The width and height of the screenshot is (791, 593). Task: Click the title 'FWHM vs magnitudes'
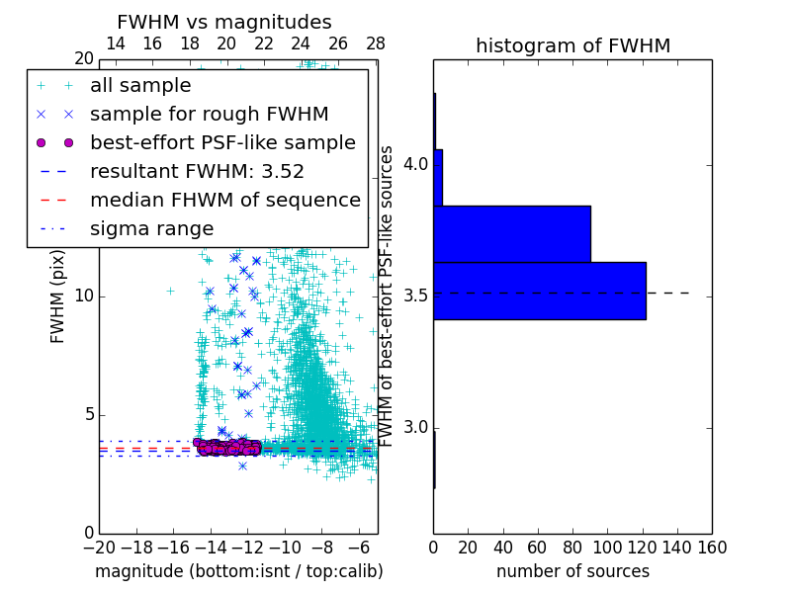coord(224,23)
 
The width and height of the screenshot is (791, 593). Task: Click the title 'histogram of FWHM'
coord(572,46)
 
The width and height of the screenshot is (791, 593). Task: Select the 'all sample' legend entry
coord(140,86)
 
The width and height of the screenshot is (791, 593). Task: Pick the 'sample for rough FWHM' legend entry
coord(209,114)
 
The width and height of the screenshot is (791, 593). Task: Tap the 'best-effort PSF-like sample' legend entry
coord(222,142)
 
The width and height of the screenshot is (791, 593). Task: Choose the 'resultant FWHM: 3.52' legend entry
coord(197,171)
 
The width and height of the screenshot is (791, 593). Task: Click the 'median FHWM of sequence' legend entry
coord(224,200)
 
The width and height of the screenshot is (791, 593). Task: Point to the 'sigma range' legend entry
coord(151,228)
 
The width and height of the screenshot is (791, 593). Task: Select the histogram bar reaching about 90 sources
coord(511,234)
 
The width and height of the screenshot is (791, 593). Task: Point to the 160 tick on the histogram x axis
coord(711,547)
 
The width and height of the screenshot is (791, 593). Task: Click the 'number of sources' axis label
coord(572,571)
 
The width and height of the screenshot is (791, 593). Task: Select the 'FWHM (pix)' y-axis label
coord(58,296)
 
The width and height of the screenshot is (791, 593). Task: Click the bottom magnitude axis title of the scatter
coord(238,571)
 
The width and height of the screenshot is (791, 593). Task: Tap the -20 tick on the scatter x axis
coord(99,547)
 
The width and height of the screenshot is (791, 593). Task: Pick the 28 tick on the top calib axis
coord(376,43)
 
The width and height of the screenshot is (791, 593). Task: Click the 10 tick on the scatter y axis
coord(83,296)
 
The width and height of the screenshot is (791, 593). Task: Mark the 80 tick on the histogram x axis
coord(572,547)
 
